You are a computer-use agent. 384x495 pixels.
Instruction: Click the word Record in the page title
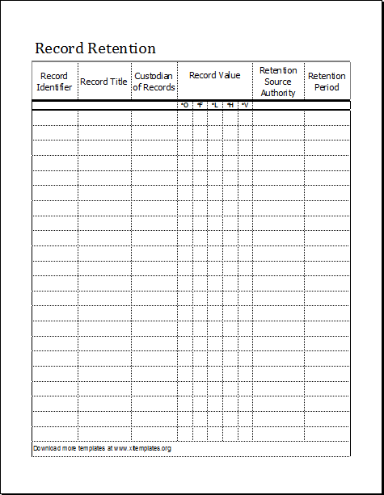point(58,48)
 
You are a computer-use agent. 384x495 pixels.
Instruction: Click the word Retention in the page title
point(120,48)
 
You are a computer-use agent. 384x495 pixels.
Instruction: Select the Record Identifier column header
point(54,82)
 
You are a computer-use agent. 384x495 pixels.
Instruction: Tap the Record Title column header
point(103,82)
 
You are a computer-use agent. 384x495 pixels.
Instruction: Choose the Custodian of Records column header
point(154,82)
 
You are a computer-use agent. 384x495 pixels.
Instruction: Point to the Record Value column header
point(214,76)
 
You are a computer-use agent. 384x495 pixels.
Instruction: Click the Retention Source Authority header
point(278,82)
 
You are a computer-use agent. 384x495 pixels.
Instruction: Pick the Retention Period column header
point(327,82)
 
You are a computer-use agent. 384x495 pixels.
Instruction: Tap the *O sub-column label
point(184,105)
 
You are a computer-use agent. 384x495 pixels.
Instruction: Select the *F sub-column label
point(200,105)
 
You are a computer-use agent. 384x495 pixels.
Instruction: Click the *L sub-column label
point(214,105)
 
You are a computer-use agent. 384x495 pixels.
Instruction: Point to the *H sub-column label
point(230,105)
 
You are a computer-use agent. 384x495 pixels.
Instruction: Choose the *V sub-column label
point(244,105)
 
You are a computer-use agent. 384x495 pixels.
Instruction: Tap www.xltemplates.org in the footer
point(142,448)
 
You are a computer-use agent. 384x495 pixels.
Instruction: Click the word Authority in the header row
point(278,93)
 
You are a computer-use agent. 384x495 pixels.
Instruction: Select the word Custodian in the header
point(154,76)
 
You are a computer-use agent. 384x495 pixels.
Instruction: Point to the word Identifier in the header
point(54,87)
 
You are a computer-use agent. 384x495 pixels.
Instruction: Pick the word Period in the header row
point(327,87)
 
